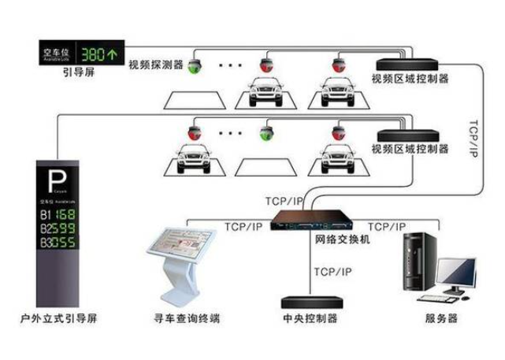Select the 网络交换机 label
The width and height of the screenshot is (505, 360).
pos(341,238)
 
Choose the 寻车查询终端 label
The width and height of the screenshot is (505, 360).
pos(187,319)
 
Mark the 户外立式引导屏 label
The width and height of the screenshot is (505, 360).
pos(60,319)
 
